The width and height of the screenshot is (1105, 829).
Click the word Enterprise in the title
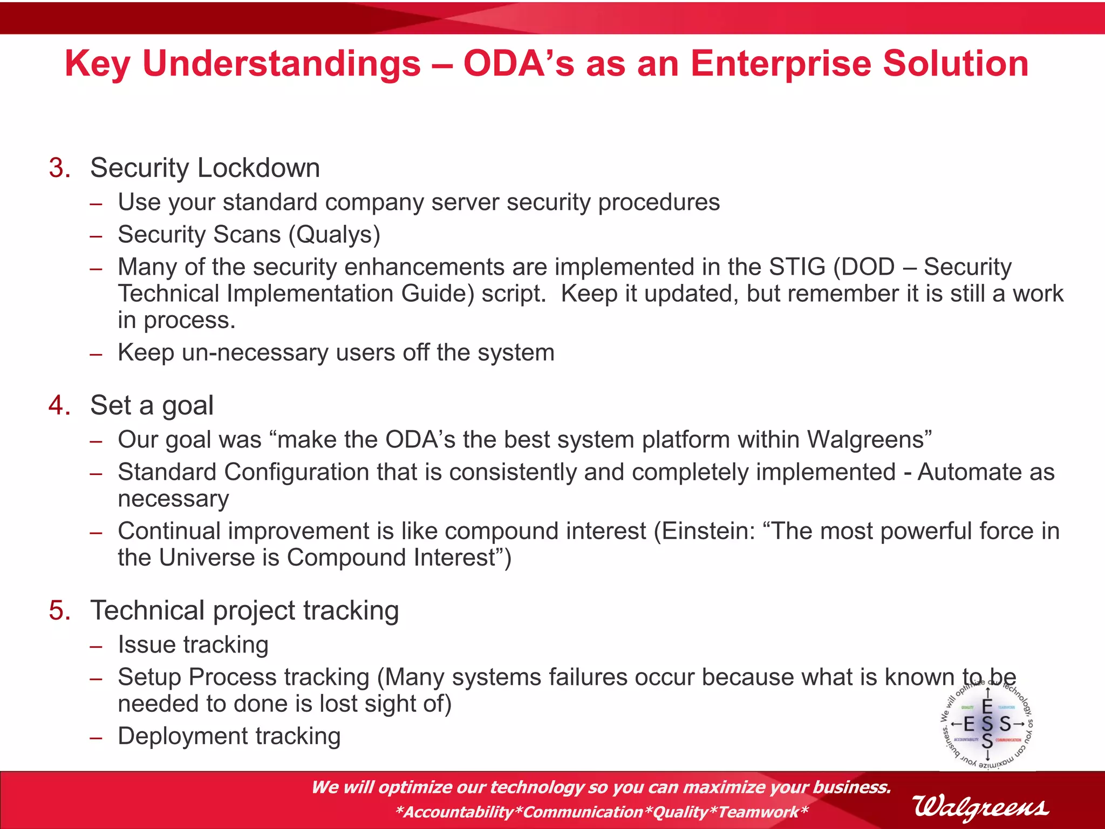[781, 64]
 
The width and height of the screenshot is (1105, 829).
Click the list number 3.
[59, 168]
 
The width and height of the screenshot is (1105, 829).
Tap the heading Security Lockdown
[205, 168]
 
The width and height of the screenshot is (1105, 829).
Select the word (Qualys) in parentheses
[335, 235]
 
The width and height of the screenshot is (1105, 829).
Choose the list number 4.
[59, 405]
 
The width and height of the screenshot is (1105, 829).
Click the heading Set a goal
[152, 405]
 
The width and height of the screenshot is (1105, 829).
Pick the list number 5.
[59, 610]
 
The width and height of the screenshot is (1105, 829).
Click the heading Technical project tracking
[244, 610]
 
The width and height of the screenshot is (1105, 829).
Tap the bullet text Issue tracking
[193, 645]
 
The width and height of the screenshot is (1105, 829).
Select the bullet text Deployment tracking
[229, 736]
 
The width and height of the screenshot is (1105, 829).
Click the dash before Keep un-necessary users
[96, 355]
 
